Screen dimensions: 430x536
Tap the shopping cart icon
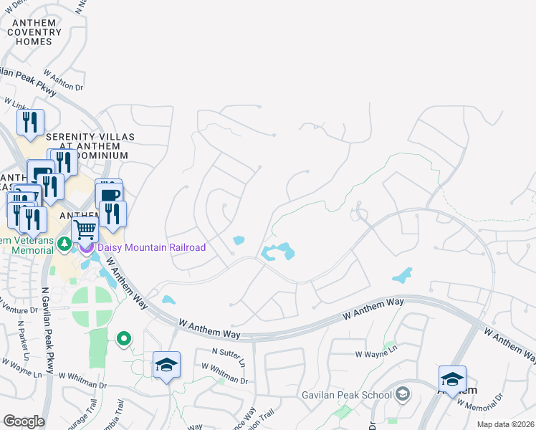[85, 230]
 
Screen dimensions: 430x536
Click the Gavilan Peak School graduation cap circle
[403, 394]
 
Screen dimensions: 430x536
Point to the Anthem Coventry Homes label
[35, 32]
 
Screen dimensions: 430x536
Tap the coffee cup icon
[110, 195]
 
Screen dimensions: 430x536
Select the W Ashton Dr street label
[63, 80]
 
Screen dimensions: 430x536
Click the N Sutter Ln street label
[229, 354]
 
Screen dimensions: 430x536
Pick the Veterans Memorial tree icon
[64, 244]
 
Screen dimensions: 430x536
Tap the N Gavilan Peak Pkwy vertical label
[48, 330]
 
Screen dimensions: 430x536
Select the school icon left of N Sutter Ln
[166, 365]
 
